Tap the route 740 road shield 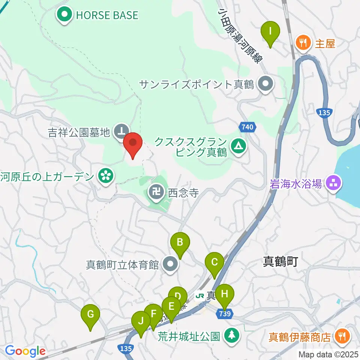pyautogui.click(x=247, y=127)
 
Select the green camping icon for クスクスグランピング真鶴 pyautogui.click(x=237, y=144)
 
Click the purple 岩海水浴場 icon pyautogui.click(x=332, y=183)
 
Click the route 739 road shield pyautogui.click(x=223, y=314)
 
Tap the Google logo pyautogui.click(x=25, y=351)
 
